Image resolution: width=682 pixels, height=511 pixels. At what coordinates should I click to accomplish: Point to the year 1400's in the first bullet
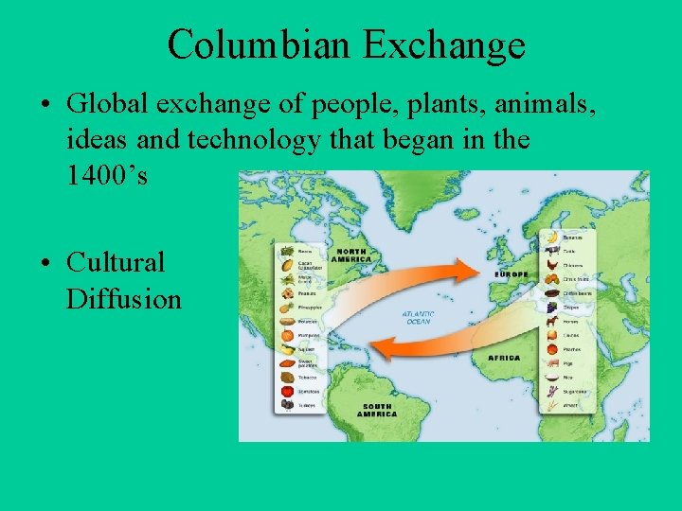pyautogui.click(x=107, y=176)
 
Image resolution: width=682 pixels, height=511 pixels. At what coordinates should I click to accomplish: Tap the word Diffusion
pyautogui.click(x=123, y=300)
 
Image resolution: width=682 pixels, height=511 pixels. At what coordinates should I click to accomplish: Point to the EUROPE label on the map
pyautogui.click(x=511, y=274)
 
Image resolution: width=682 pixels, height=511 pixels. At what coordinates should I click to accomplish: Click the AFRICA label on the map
pyautogui.click(x=504, y=358)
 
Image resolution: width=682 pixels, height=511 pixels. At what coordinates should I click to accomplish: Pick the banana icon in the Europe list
pyautogui.click(x=550, y=237)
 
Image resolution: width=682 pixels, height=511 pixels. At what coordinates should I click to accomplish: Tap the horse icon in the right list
pyautogui.click(x=550, y=322)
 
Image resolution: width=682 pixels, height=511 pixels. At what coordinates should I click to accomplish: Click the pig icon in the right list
pyautogui.click(x=550, y=363)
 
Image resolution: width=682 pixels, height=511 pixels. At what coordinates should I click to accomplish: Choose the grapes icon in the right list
pyautogui.click(x=550, y=308)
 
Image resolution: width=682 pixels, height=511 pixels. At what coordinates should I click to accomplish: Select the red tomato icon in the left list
pyautogui.click(x=287, y=391)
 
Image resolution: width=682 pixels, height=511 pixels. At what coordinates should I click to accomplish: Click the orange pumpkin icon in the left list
pyautogui.click(x=287, y=334)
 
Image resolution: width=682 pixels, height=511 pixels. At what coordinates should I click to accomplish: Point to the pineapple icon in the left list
pyautogui.click(x=287, y=308)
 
